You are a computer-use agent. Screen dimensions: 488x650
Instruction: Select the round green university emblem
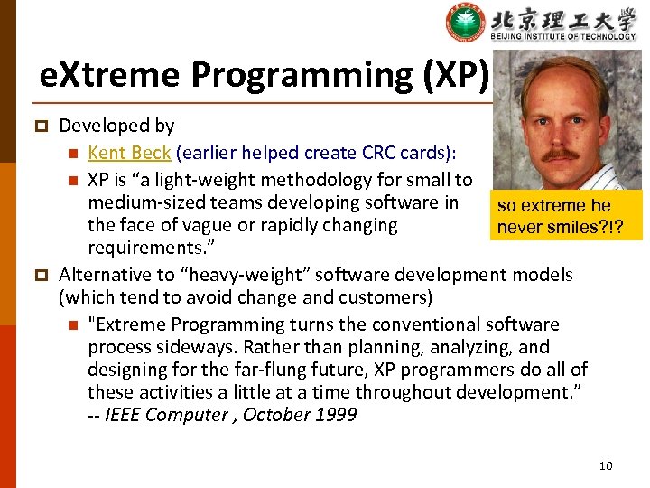[466, 23]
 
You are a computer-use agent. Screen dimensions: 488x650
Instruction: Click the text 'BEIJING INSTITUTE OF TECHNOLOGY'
[563, 36]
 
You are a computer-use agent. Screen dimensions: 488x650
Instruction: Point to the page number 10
[605, 465]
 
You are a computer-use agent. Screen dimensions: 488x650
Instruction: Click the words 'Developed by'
[116, 127]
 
